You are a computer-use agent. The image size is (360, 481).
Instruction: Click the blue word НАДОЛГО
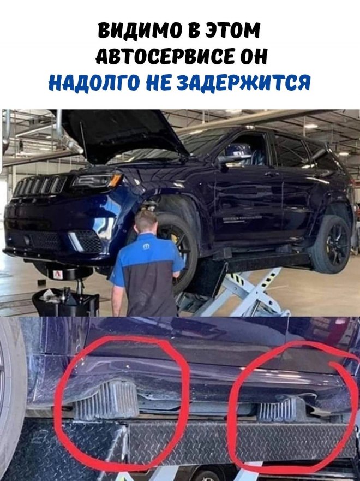pos(94,82)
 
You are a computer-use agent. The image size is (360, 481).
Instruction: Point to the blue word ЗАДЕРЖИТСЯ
pos(244,82)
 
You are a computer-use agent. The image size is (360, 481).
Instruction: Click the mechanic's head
pos(146,221)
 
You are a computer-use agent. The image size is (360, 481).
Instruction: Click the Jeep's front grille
pos(39,186)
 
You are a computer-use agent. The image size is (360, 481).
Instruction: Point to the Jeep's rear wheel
pos(332,244)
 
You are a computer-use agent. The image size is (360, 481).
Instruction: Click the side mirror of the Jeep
pos(228,160)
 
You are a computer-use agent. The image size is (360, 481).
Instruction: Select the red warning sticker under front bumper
pos(58,274)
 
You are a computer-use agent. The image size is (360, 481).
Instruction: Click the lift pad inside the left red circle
pos(106,399)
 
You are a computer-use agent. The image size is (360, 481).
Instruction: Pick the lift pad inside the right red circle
pos(278,409)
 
